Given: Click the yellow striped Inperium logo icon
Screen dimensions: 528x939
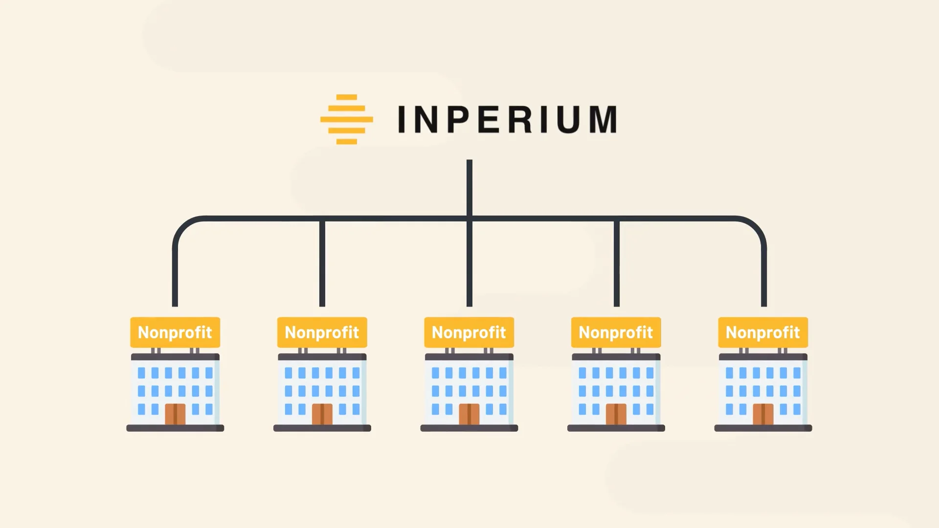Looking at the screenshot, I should click(346, 119).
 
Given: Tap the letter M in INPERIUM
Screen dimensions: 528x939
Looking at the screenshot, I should click(603, 119).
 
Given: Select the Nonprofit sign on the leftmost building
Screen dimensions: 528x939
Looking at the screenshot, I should click(175, 332).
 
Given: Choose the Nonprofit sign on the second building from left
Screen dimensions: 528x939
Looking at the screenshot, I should click(322, 332).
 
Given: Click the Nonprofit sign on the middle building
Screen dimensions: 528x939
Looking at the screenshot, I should click(469, 332).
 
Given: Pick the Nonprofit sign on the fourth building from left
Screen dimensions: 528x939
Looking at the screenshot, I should click(616, 332).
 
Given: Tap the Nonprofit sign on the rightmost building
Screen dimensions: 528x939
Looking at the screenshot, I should click(763, 332).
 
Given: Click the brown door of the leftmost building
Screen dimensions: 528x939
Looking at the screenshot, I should click(175, 414).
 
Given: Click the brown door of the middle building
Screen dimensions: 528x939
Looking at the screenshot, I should click(469, 414).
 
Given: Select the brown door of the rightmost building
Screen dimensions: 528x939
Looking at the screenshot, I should click(763, 414).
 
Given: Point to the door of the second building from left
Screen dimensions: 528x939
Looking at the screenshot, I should click(322, 414).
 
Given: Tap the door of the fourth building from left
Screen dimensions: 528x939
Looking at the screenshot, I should click(616, 414).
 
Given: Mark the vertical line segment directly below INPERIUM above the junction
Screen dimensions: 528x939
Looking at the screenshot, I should click(469, 188).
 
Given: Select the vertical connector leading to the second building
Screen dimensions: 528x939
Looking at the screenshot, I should click(322, 264).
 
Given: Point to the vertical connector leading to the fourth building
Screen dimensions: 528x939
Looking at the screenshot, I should click(617, 264).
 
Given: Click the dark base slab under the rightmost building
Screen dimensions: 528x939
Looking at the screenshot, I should click(763, 428).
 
